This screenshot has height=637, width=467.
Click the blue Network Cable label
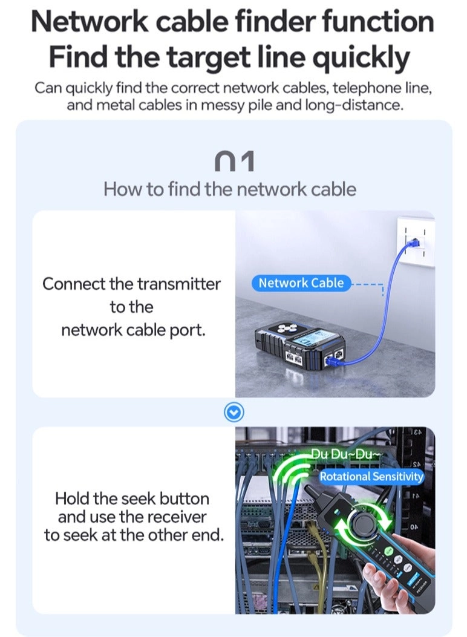click(301, 283)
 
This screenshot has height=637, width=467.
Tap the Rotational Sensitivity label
click(371, 477)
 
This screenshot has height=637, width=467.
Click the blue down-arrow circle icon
click(234, 413)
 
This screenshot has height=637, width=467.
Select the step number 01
click(234, 162)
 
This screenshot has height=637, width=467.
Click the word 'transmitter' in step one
click(178, 284)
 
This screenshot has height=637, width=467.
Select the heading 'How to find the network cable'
click(230, 189)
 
